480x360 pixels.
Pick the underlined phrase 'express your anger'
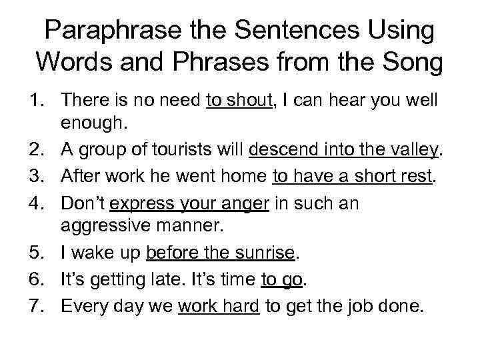coord(190,203)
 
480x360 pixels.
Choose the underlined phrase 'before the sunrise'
coord(220,253)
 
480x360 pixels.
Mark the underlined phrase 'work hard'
coord(219,306)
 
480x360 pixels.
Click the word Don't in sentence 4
coord(83,203)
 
